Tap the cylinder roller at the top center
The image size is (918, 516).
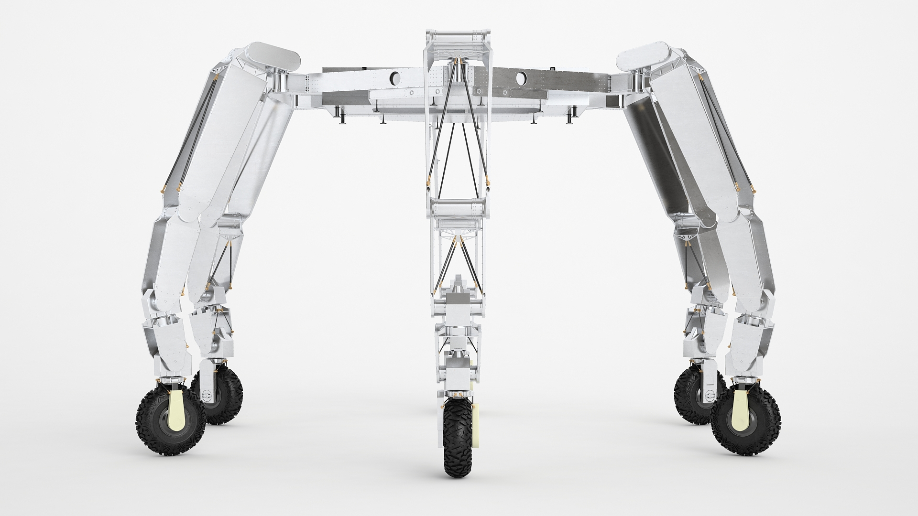coord(458,38)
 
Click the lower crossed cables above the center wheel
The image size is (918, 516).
coord(458,263)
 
